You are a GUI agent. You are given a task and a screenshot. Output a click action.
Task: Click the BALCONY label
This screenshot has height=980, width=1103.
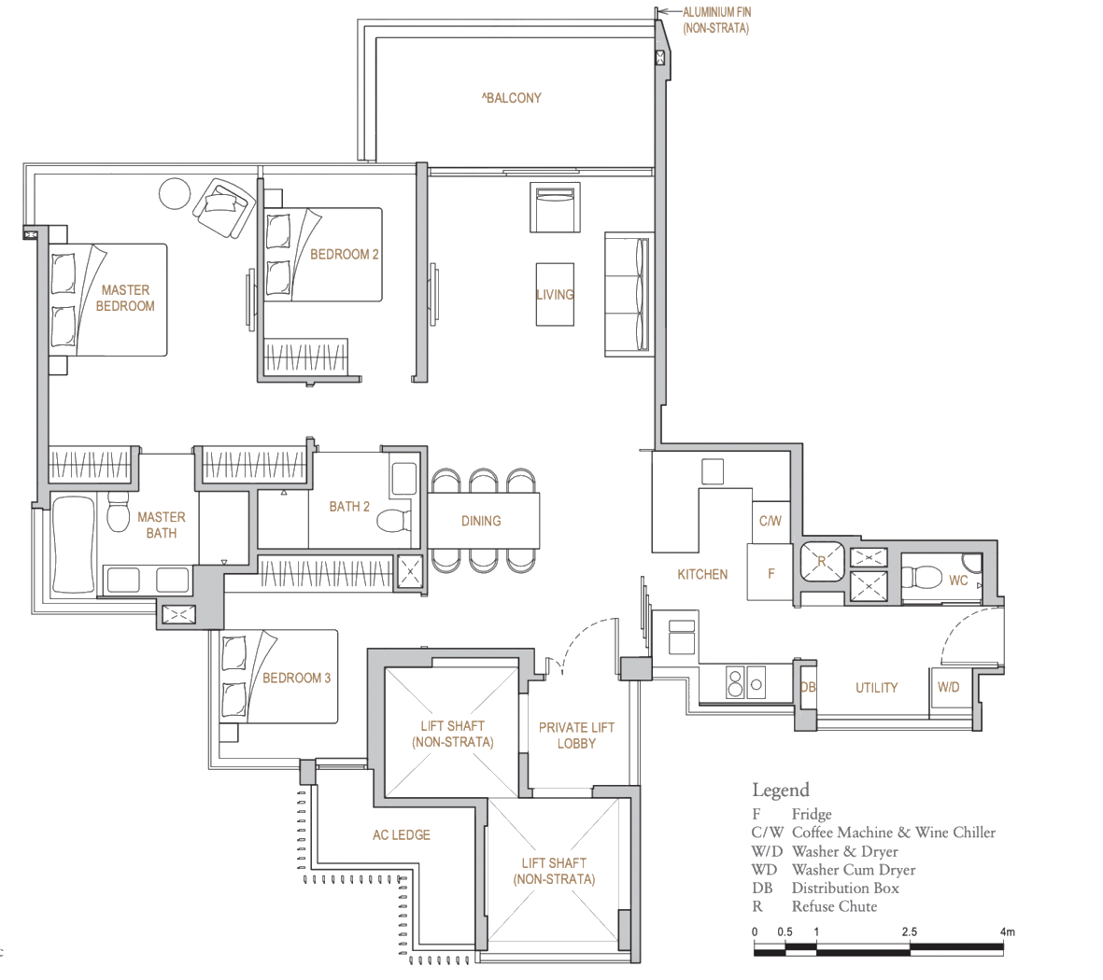coord(512,98)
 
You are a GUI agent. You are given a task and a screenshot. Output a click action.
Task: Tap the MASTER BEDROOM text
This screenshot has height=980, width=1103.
coord(125,298)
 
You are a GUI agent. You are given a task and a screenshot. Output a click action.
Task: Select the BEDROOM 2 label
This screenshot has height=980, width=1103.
coord(345,255)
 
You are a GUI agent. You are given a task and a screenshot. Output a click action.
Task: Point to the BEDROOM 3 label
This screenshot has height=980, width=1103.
coord(296,678)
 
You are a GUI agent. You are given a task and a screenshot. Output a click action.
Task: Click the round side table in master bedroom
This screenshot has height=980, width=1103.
coord(175,193)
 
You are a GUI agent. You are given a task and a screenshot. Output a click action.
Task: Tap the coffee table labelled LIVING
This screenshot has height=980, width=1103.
coord(555,295)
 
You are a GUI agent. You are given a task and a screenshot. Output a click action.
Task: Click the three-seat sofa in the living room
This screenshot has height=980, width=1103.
coord(627,295)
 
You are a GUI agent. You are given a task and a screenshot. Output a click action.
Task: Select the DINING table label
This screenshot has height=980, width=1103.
coord(481,521)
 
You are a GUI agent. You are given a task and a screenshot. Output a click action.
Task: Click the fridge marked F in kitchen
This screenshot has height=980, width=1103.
coord(771,572)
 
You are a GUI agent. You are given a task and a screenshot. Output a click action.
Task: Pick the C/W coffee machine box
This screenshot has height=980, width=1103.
coord(771,521)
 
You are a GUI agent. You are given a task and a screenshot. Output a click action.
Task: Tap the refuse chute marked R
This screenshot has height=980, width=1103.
coord(822,561)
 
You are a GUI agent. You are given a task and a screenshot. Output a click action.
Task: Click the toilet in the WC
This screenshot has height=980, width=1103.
coord(921,578)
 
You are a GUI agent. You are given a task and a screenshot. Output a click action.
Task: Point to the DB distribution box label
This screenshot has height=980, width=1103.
coord(808,688)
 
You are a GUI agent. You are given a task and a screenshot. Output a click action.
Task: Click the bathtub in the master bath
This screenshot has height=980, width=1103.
coord(73,546)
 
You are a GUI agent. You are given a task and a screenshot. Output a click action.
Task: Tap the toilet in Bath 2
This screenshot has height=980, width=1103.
coord(394,521)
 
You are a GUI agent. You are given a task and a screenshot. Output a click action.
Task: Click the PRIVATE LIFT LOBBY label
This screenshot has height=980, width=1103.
coord(576,735)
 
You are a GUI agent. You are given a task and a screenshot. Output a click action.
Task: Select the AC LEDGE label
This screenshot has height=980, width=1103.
coord(401,835)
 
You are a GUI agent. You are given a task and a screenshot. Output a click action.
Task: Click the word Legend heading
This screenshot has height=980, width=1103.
coord(781,791)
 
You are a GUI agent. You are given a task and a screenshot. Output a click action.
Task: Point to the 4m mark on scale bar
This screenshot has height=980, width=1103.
coord(1008,931)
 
